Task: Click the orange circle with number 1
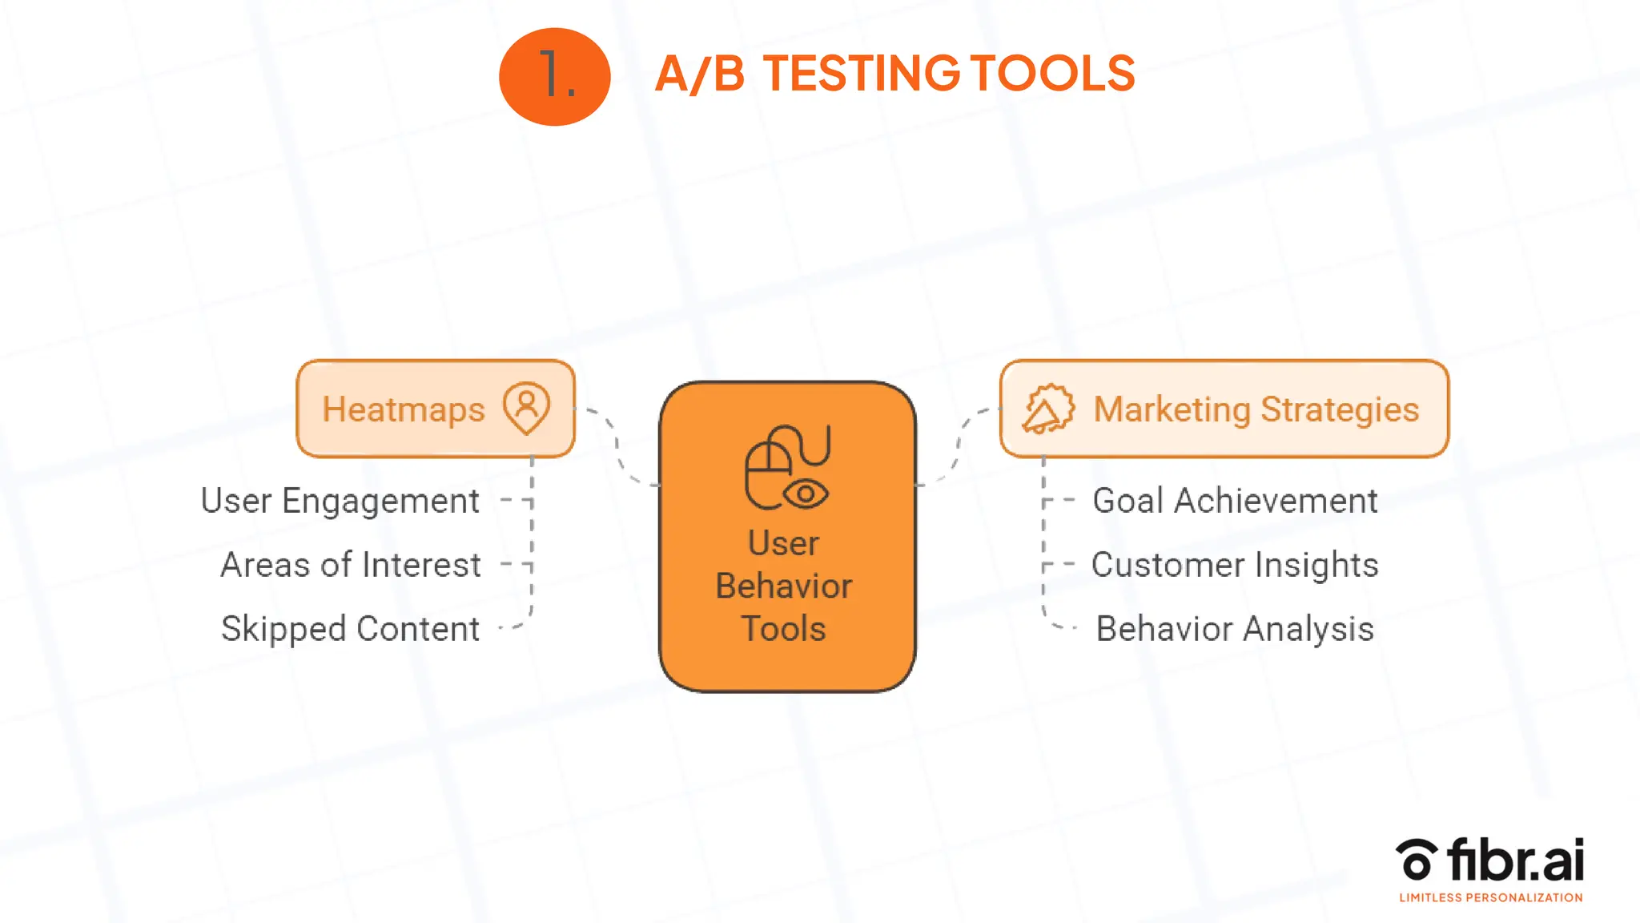coord(554,76)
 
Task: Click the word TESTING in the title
coord(861,74)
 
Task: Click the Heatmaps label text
coord(404,409)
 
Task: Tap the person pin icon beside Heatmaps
coord(526,408)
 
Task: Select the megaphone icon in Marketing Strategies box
coord(1047,409)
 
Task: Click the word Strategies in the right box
coord(1340,409)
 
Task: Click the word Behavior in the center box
coord(783,586)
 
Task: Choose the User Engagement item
coord(340,501)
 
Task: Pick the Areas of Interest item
coord(350,565)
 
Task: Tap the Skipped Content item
coord(350,629)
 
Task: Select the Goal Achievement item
coord(1235,501)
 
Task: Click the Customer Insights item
coord(1235,565)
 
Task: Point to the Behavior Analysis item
coord(1235,629)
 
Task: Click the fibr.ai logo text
coord(1515,861)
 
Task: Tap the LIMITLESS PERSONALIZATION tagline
coord(1490,898)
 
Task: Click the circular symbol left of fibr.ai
coord(1416,859)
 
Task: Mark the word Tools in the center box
coord(783,629)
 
